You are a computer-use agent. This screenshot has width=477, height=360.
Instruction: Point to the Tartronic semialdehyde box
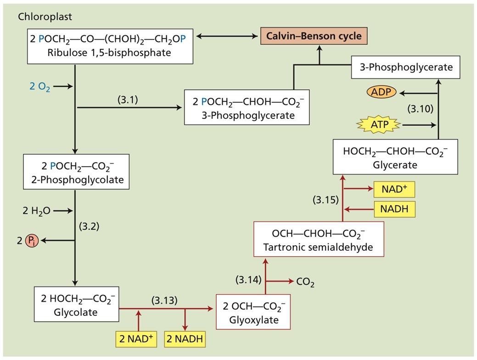point(318,239)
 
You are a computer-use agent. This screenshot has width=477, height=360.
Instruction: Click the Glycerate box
point(395,157)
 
